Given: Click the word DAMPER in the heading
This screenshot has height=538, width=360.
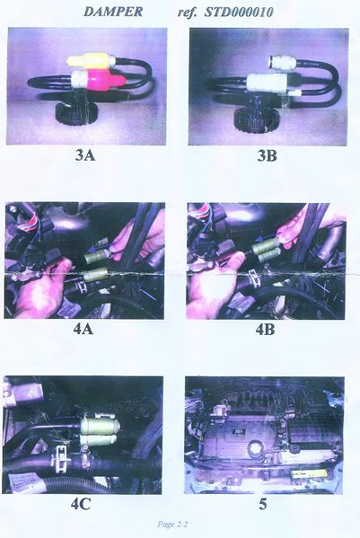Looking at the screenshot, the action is [113, 12].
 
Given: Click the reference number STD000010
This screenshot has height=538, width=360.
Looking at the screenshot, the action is [239, 12].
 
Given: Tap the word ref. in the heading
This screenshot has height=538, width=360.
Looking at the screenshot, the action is [188, 13].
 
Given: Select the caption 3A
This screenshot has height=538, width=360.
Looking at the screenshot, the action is [85, 155].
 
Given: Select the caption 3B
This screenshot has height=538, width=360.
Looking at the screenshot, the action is [268, 155].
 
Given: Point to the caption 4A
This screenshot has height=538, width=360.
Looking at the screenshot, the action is [83, 330].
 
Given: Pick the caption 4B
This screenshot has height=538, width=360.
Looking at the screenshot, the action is [266, 330].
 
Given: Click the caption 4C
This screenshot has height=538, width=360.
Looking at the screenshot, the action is [82, 504].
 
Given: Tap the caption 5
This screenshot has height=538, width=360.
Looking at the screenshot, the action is [263, 505].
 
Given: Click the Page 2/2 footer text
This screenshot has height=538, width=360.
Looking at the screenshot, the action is [172, 524].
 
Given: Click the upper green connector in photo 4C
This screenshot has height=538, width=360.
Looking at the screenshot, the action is [101, 426].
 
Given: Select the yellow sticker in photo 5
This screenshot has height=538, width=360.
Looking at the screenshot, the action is [307, 474].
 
